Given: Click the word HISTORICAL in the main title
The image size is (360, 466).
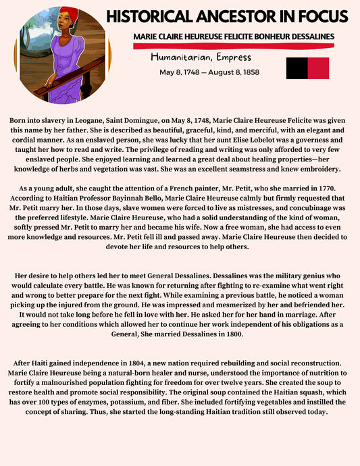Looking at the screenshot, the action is pyautogui.click(x=149, y=16).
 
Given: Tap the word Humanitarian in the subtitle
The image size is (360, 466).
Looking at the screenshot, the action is pyautogui.click(x=178, y=57).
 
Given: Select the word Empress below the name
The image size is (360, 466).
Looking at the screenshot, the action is pyautogui.click(x=230, y=57).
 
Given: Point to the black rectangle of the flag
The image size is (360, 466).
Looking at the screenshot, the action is pyautogui.click(x=297, y=68).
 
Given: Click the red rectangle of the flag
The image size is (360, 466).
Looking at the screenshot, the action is pyautogui.click(x=318, y=68).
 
